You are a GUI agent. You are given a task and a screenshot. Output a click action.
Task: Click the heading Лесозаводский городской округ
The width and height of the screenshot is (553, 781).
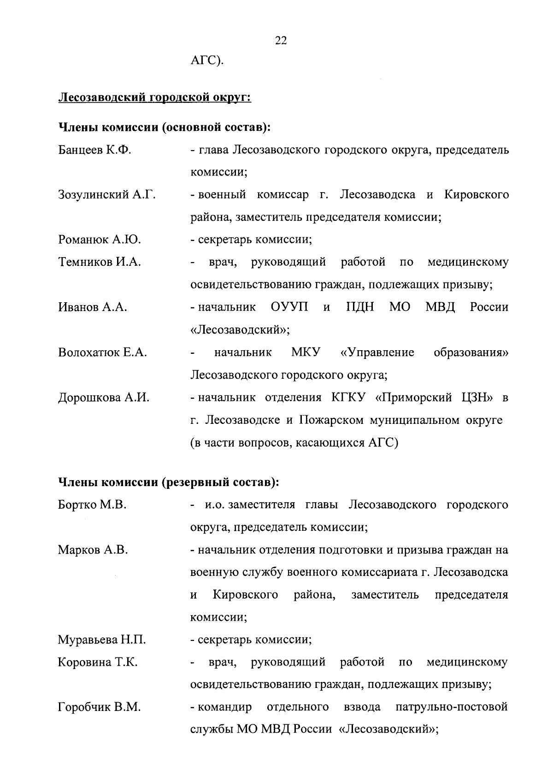[x=154, y=98]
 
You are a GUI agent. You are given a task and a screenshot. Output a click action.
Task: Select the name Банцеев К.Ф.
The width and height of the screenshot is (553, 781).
[x=95, y=150]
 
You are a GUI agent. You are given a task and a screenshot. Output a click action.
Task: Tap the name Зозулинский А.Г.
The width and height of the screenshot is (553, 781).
[x=106, y=195]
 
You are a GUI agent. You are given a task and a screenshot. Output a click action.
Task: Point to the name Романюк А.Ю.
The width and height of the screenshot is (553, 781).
[x=100, y=240]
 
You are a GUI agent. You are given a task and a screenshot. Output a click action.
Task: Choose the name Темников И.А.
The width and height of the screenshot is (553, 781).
[x=100, y=262]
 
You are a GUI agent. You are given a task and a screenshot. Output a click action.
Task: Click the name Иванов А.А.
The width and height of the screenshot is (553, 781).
[x=93, y=307]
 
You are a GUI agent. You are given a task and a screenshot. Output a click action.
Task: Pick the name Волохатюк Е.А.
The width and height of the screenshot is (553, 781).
[x=102, y=352]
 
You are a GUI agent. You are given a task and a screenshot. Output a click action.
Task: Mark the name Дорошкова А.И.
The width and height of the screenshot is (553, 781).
[x=104, y=398]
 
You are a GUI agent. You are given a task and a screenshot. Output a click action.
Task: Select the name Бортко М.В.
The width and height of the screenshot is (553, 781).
[x=92, y=505]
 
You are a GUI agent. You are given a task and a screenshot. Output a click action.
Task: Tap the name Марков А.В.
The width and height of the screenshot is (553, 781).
[x=93, y=550]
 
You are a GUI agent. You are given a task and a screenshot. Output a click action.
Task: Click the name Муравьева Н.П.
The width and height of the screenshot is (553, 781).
[x=102, y=640]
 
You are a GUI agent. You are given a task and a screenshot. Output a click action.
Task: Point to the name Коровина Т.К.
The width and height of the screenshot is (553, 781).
[x=98, y=662]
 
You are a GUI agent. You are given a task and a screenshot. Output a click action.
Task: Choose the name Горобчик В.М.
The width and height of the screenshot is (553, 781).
[x=99, y=707]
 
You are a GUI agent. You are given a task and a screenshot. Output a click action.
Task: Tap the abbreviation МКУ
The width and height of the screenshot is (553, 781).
[x=306, y=352]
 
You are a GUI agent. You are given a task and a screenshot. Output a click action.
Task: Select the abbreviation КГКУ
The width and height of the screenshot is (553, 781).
[x=350, y=398]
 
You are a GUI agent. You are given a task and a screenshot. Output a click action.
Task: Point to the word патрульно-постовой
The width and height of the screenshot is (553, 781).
[x=452, y=707]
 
